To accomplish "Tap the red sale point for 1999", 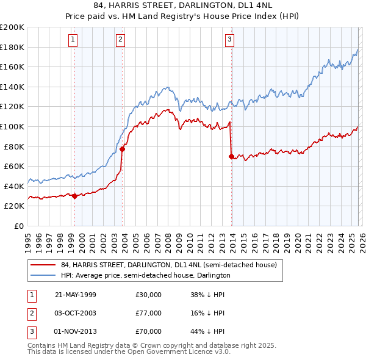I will (x=74, y=196).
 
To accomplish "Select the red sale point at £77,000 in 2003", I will (x=122, y=149).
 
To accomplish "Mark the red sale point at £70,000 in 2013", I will (x=231, y=156).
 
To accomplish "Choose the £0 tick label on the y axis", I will (x=18, y=226).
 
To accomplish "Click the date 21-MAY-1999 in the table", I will (x=75, y=295).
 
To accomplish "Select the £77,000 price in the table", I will (x=149, y=313).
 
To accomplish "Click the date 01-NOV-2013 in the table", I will (x=75, y=331).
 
